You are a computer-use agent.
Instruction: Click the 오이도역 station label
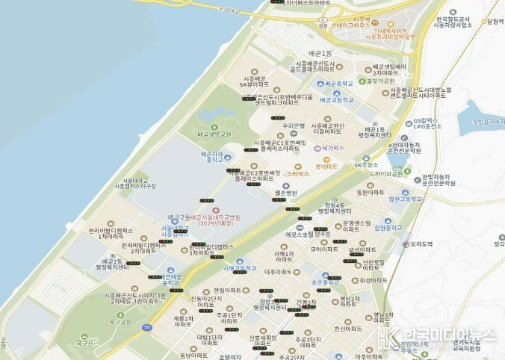(x=421, y=244)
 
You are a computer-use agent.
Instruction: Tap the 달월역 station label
(x=492, y=22)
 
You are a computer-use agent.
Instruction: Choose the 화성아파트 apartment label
(x=374, y=280)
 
